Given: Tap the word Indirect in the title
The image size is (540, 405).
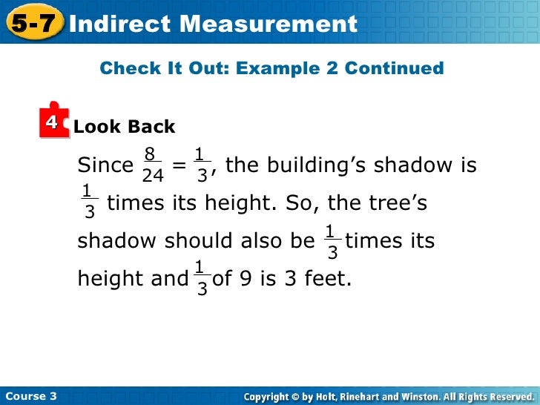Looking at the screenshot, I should coord(119,24).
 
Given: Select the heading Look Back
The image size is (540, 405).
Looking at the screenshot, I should coord(125,127).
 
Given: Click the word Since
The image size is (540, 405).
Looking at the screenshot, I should coord(105,165).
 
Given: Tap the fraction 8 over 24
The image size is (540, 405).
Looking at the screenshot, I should coord(152,165).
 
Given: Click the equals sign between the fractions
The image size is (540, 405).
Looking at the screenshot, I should coord(179,165).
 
